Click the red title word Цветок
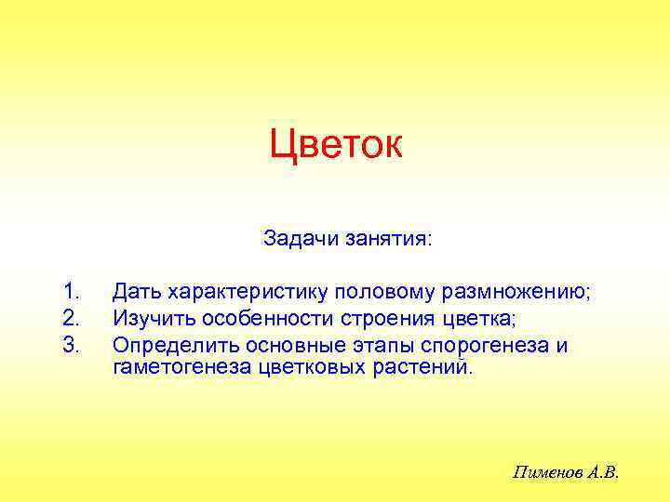335,145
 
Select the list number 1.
71,292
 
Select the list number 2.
71,319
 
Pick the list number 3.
71,345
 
